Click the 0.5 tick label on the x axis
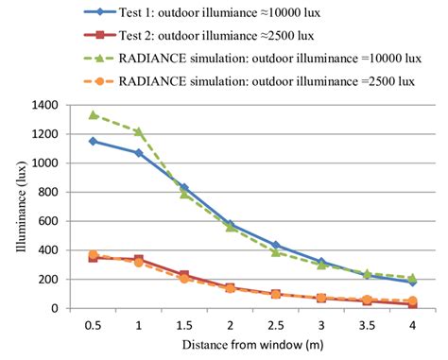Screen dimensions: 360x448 [x=93, y=325]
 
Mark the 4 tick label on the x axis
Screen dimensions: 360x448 [x=411, y=325]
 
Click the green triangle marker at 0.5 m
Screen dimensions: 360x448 [x=93, y=115]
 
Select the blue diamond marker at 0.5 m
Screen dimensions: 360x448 [x=93, y=141]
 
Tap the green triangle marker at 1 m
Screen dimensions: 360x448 [x=138, y=131]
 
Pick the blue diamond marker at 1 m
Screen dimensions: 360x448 [x=138, y=152]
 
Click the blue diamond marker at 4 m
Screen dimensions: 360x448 [x=411, y=283]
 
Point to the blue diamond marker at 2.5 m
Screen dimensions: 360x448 [x=275, y=246]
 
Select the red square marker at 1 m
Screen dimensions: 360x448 [x=138, y=259]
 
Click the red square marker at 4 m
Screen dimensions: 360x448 [x=411, y=304]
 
